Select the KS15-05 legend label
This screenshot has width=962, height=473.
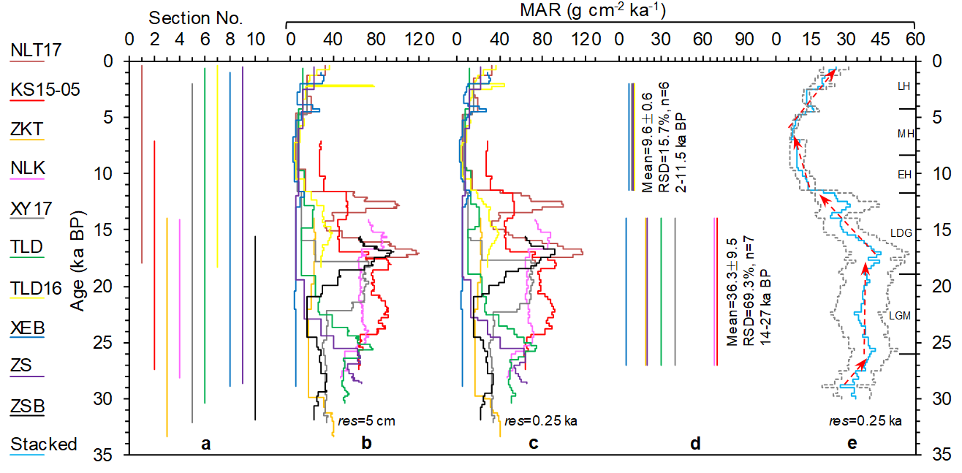pyautogui.click(x=45, y=89)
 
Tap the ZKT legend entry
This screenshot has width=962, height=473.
pyautogui.click(x=28, y=129)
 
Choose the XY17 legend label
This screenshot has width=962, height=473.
pyautogui.click(x=31, y=208)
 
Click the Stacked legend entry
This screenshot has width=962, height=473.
pyautogui.click(x=43, y=444)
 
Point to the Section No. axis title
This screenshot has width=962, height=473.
pyautogui.click(x=195, y=18)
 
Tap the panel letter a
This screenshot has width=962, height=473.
pyautogui.click(x=206, y=443)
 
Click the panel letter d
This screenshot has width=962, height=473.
pyautogui.click(x=695, y=443)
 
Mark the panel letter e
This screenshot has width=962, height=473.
pyautogui.click(x=852, y=443)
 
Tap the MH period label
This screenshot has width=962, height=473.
pyautogui.click(x=905, y=134)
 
